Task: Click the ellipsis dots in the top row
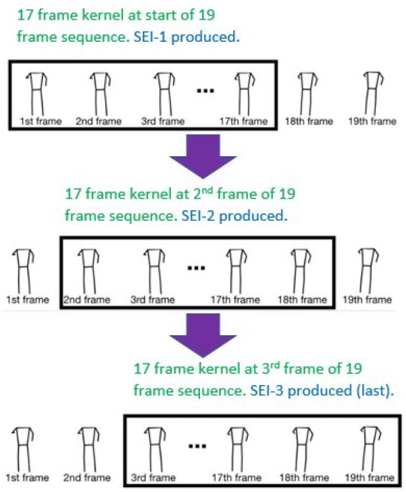point(204,92)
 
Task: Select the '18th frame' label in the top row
point(309,121)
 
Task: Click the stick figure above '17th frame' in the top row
point(246,92)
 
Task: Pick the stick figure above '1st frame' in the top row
point(38,92)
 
